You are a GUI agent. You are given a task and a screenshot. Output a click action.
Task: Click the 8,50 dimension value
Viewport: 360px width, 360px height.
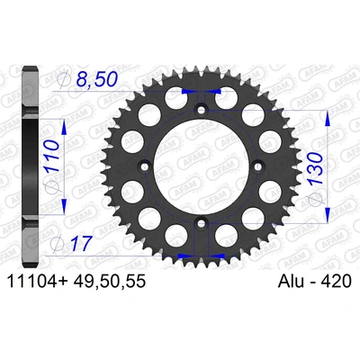tap(96, 81)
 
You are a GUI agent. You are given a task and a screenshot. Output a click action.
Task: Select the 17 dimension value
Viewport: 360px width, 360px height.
tap(81, 242)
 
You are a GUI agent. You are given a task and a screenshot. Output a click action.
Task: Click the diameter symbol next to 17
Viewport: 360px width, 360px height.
tap(60, 242)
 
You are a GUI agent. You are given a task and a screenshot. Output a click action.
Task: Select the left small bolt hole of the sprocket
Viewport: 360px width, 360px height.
tap(144, 167)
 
